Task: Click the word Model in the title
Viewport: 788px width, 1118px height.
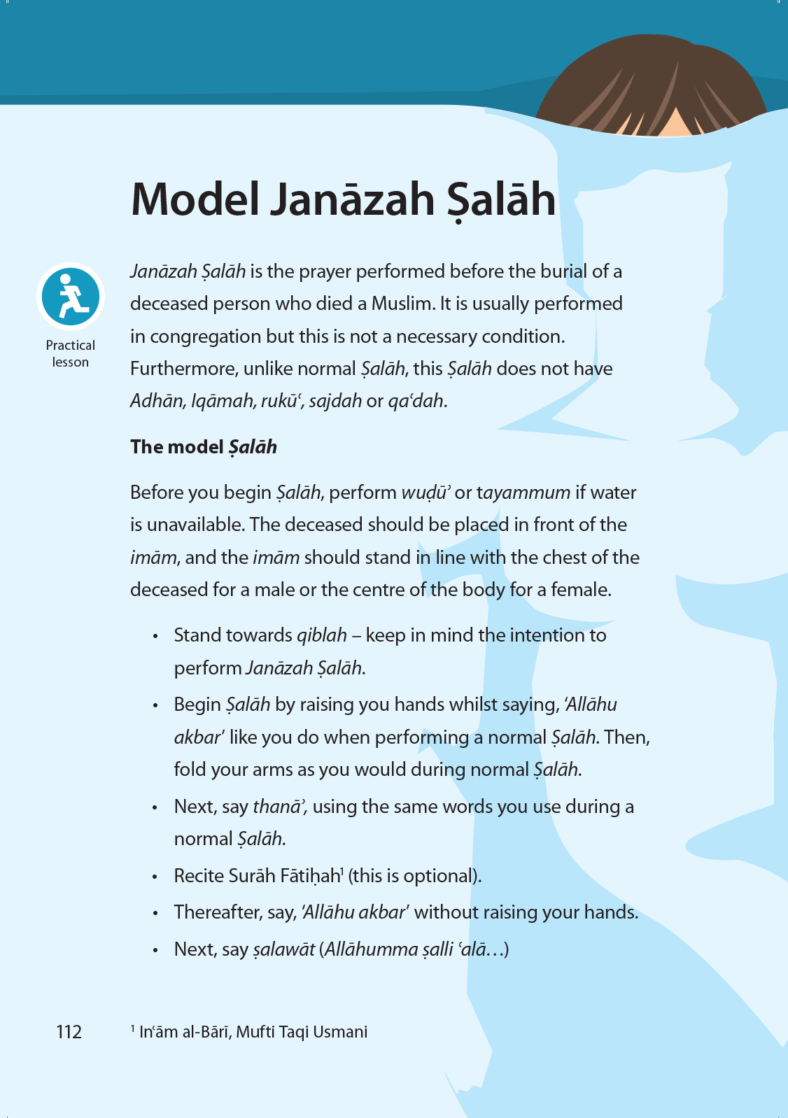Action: [195, 199]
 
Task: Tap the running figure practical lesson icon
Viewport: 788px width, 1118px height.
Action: [71, 297]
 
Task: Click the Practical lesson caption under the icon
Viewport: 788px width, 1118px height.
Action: [71, 353]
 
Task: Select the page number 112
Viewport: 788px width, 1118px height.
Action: [69, 1032]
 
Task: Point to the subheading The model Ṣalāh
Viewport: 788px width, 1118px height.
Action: [204, 447]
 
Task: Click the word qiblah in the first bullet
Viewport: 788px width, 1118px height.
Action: [322, 635]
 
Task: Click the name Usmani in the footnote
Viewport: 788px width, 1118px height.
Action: [340, 1032]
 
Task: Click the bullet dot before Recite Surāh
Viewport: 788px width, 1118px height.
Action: [155, 877]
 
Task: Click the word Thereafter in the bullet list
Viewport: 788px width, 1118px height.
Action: [218, 912]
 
